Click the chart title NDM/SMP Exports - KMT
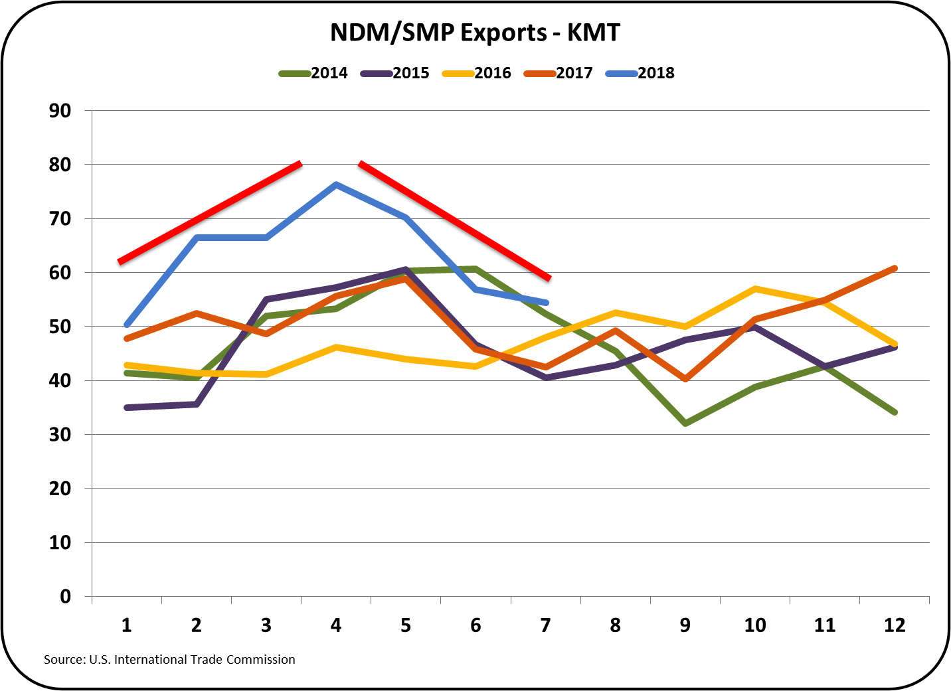pyautogui.click(x=475, y=32)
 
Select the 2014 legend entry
pyautogui.click(x=314, y=73)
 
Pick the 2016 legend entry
pyautogui.click(x=477, y=73)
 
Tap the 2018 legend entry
pyautogui.click(x=641, y=73)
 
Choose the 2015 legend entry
pyautogui.click(x=395, y=73)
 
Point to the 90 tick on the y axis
pyautogui.click(x=60, y=111)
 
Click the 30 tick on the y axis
pyautogui.click(x=60, y=435)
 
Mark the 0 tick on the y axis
pyautogui.click(x=65, y=596)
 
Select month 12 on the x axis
pyautogui.click(x=895, y=625)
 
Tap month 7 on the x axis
pyautogui.click(x=545, y=625)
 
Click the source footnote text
pyautogui.click(x=169, y=660)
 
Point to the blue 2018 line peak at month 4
pyautogui.click(x=336, y=185)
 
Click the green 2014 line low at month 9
pyautogui.click(x=685, y=423)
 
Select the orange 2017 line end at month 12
pyautogui.click(x=895, y=268)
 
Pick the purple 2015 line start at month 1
pyautogui.click(x=127, y=408)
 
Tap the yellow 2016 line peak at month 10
pyautogui.click(x=755, y=289)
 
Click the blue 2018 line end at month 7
pyautogui.click(x=545, y=302)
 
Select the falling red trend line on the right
pyautogui.click(x=455, y=220)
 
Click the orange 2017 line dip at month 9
pyautogui.click(x=685, y=379)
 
